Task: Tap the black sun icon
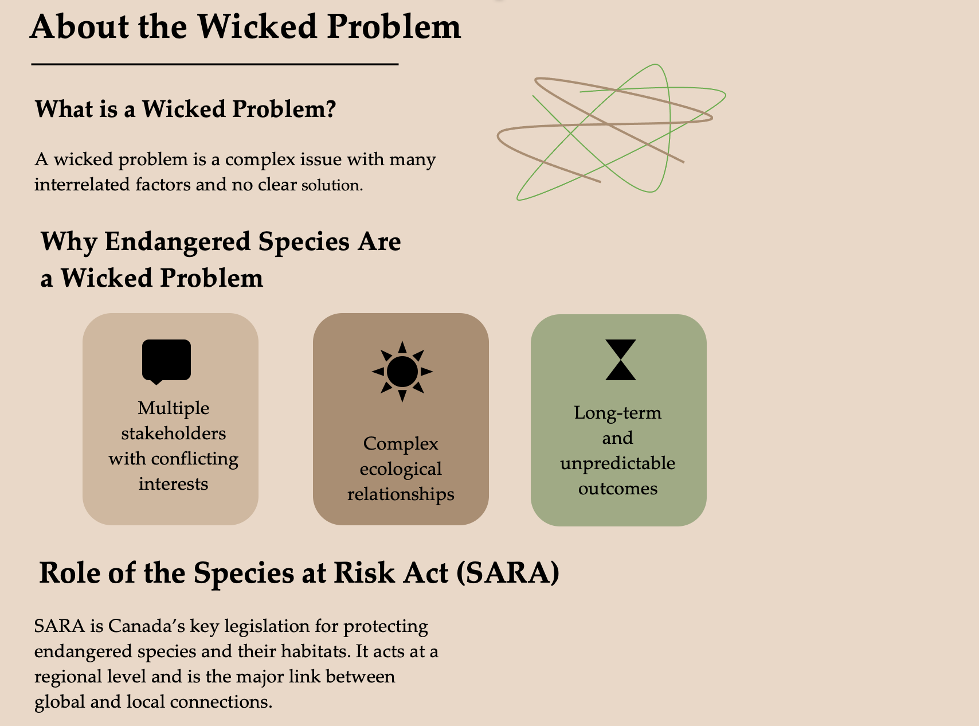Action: point(402,371)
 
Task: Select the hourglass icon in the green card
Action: point(621,360)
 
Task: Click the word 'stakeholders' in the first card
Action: point(173,433)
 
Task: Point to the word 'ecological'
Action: point(401,469)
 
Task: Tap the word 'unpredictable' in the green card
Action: point(618,463)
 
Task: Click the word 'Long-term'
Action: point(618,413)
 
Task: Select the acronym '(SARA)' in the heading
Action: point(508,572)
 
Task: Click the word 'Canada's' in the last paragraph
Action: point(147,626)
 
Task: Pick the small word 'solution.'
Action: point(332,185)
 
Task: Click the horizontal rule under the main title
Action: point(214,64)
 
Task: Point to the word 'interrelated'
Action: point(84,184)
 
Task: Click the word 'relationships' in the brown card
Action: point(401,494)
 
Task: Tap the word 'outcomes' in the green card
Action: point(618,489)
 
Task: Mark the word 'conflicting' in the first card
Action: point(194,459)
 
